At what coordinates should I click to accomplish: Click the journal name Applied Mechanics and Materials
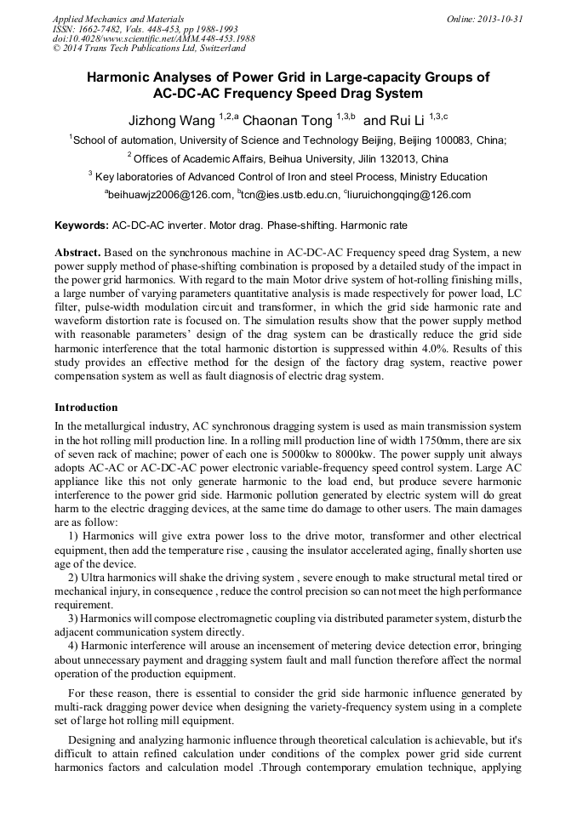[x=117, y=18]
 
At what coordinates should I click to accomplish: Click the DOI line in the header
[x=153, y=38]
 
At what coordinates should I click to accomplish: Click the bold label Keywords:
[x=81, y=226]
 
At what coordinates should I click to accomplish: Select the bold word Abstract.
[x=78, y=254]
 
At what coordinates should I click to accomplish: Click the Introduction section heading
[x=86, y=408]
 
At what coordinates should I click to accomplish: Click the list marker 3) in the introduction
[x=72, y=617]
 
